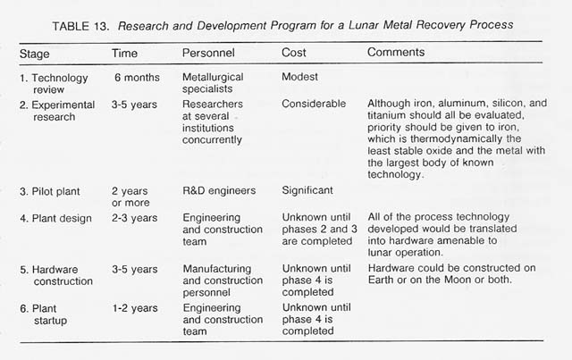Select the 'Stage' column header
point(35,54)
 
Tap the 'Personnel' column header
point(208,54)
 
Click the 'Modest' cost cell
point(302,78)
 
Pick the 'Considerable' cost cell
point(314,104)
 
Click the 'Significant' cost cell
point(308,189)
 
